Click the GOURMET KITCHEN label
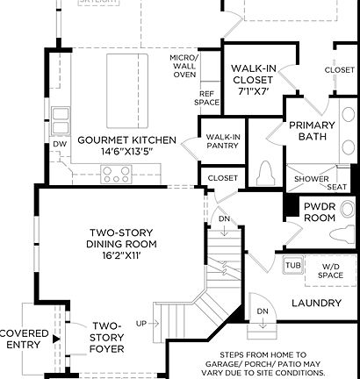tap(127, 140)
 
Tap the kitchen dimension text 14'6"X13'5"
tap(127, 151)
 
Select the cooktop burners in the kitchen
tap(117, 175)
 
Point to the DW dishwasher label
tap(60, 143)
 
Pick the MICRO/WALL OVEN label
tap(184, 66)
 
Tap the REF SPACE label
tap(207, 97)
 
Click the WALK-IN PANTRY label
tap(224, 142)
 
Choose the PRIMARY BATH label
tap(313, 132)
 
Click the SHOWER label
tap(311, 179)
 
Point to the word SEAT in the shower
tap(337, 186)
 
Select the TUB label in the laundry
tap(292, 264)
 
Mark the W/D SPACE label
tap(330, 270)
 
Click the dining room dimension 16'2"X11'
tap(120, 254)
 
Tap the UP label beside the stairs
tap(141, 324)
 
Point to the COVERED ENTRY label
tap(24, 340)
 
